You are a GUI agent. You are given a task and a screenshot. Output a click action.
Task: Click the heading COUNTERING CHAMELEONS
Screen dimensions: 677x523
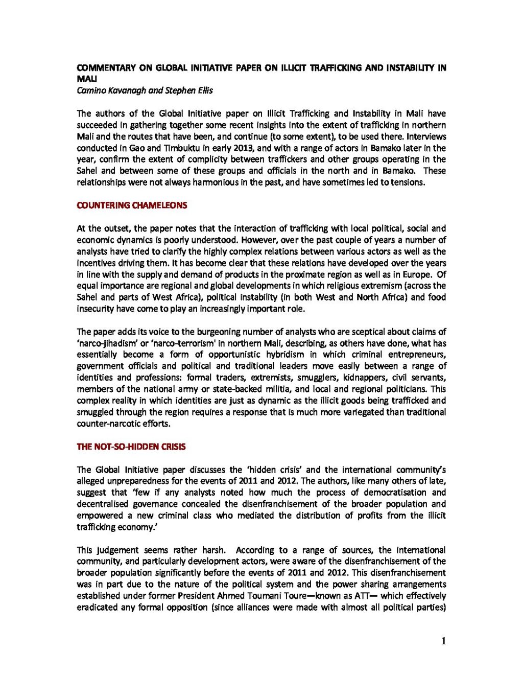pyautogui.click(x=132, y=205)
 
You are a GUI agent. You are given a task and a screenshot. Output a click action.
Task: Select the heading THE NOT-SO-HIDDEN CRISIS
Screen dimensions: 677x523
pyautogui.click(x=131, y=447)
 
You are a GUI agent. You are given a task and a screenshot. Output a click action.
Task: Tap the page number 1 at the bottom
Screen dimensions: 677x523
pyautogui.click(x=443, y=641)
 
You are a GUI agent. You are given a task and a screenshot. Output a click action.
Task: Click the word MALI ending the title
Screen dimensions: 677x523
pyautogui.click(x=83, y=79)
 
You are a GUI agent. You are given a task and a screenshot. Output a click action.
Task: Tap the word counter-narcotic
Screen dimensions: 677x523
pyautogui.click(x=105, y=424)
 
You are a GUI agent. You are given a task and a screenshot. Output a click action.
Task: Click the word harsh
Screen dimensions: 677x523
pyautogui.click(x=213, y=550)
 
